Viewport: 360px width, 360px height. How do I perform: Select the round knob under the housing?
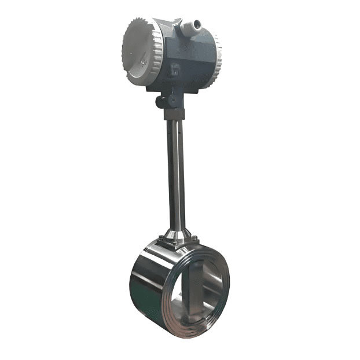click(x=160, y=102)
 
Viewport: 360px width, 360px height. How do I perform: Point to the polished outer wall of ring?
click(x=148, y=289)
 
